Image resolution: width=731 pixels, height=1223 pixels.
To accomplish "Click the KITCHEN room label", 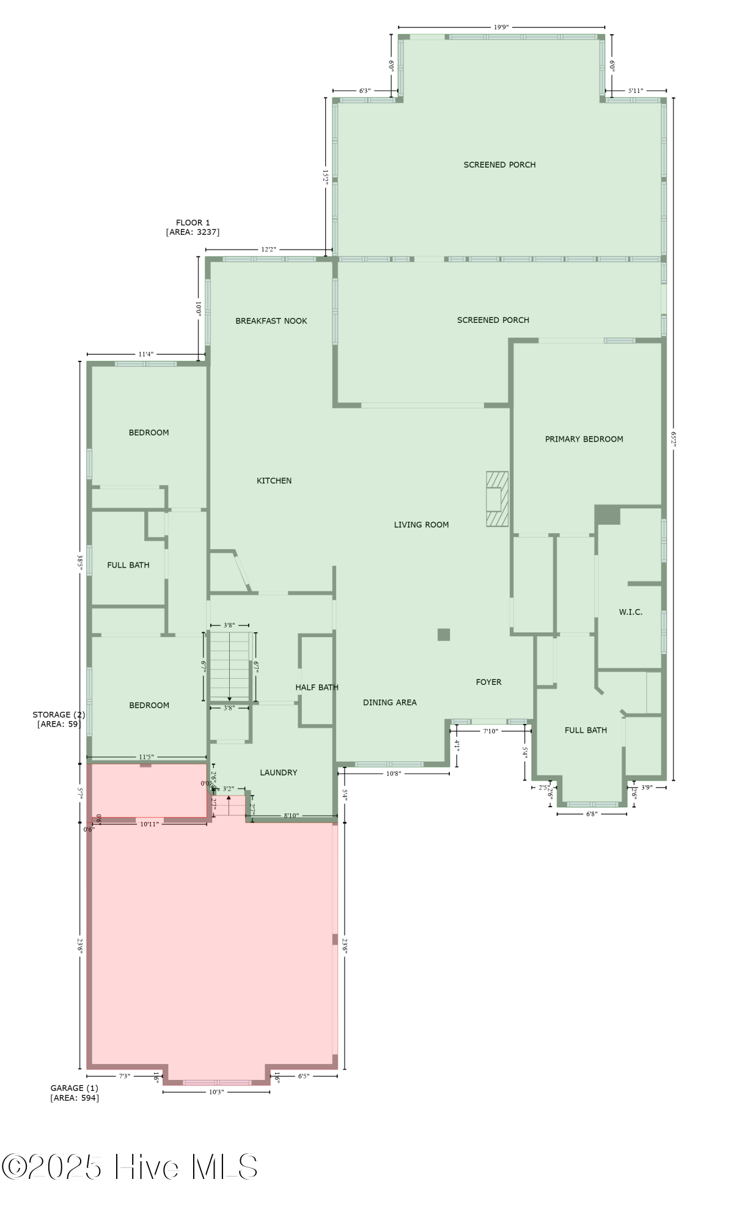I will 274,481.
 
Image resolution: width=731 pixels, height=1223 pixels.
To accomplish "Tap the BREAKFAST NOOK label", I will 271,321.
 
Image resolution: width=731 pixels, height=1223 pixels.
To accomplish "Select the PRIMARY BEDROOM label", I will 584,439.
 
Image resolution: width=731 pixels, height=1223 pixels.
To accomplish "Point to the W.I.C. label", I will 630,612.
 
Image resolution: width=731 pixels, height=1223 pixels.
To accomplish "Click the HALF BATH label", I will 317,687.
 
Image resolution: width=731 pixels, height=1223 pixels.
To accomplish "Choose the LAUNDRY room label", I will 278,773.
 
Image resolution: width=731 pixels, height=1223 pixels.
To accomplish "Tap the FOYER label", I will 488,682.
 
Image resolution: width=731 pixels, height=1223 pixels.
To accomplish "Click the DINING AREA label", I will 389,703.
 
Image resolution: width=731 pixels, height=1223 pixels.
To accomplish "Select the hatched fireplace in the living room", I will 497,499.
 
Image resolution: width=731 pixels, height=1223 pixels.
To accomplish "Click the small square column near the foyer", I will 444,635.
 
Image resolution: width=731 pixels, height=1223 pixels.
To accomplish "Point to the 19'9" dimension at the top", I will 501,28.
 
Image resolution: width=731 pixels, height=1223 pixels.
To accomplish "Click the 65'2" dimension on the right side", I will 674,439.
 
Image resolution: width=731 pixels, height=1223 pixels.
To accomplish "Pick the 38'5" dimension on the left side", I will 79,562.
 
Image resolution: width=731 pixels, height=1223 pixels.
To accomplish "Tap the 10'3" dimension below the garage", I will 216,1092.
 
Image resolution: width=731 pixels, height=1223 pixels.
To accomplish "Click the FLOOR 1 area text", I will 193,227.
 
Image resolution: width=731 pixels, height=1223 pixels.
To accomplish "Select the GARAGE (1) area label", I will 74,1093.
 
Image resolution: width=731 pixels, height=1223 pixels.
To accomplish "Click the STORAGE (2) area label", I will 59,719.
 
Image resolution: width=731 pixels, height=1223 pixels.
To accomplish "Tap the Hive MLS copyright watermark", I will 130,1167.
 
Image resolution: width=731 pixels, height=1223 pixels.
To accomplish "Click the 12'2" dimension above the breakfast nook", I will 268,249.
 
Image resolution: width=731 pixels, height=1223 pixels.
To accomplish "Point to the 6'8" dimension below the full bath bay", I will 591,814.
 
